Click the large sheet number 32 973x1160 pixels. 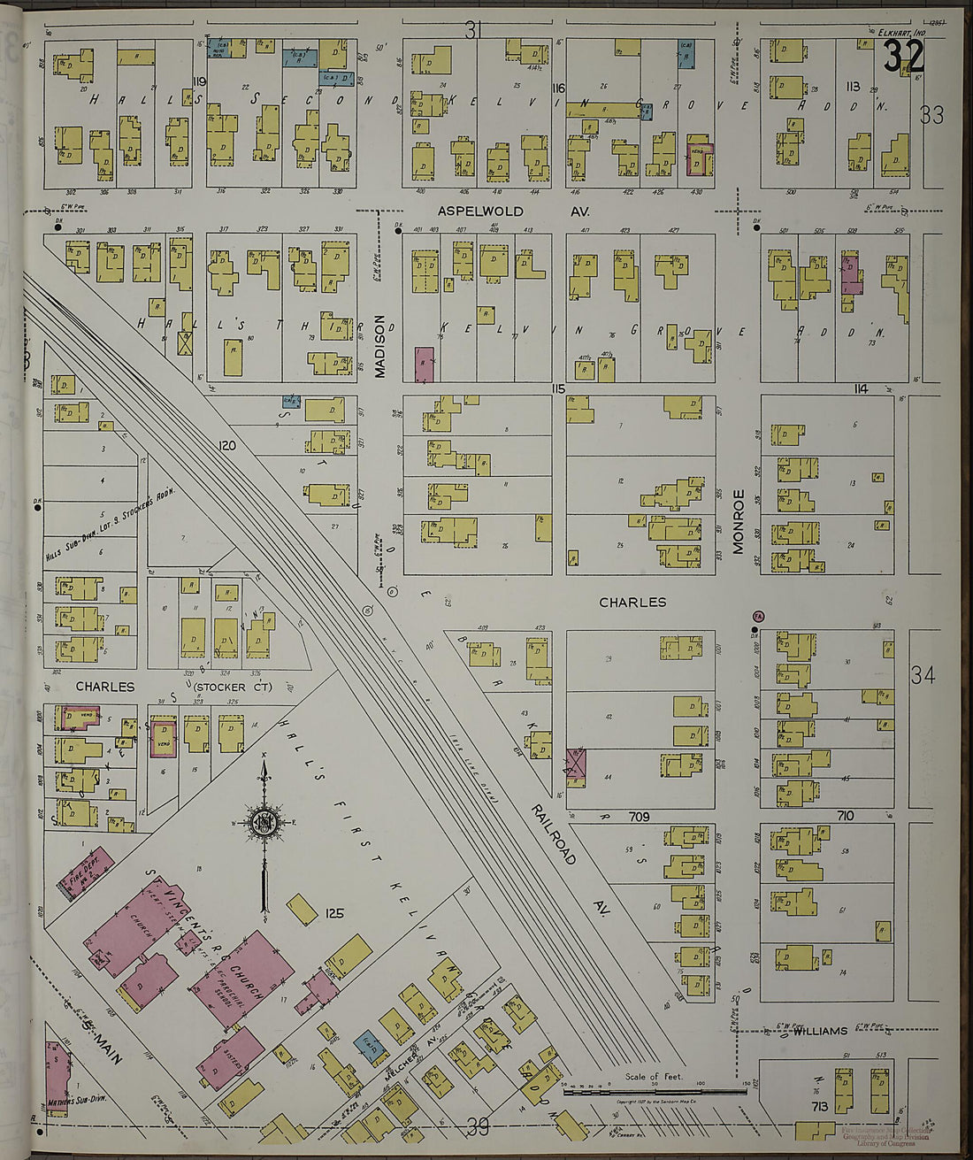903,58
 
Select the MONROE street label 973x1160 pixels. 739,521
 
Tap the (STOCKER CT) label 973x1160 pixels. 232,687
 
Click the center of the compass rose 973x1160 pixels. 264,822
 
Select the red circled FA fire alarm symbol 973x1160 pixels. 757,616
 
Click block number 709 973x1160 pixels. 640,815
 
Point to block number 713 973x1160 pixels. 819,1106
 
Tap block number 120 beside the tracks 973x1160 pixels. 227,446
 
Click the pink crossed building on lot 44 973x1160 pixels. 576,763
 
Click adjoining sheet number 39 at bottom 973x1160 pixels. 479,1126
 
